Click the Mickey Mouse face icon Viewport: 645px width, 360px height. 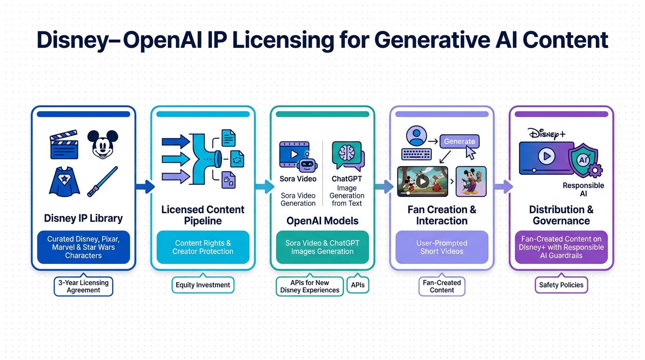pyautogui.click(x=103, y=144)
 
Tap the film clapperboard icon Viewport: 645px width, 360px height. pyautogui.click(x=64, y=145)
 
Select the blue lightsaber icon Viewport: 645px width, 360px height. pyautogui.click(x=103, y=181)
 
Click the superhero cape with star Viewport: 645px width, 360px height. pyautogui.click(x=64, y=181)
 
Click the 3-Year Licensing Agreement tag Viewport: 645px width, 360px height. pyautogui.click(x=83, y=286)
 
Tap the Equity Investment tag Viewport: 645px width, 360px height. pyautogui.click(x=203, y=285)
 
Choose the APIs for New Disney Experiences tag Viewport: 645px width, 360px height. pyautogui.click(x=309, y=286)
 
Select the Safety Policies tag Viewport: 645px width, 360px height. pyautogui.click(x=561, y=285)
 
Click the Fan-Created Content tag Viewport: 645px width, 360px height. pyautogui.click(x=442, y=286)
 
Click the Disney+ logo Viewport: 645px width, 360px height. pyautogui.click(x=547, y=134)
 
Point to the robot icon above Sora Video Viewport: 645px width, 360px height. pyautogui.click(x=307, y=163)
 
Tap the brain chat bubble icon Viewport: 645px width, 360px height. pyautogui.click(x=347, y=156)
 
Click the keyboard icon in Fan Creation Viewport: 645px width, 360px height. pyautogui.click(x=416, y=154)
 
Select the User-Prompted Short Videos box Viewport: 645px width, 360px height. pyautogui.click(x=442, y=247)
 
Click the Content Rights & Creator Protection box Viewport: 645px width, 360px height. pyautogui.click(x=203, y=247)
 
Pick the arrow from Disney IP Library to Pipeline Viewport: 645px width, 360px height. pyautogui.click(x=144, y=187)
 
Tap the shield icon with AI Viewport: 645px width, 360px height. pyautogui.click(x=583, y=161)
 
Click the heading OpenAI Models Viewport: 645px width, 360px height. pyautogui.click(x=322, y=221)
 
